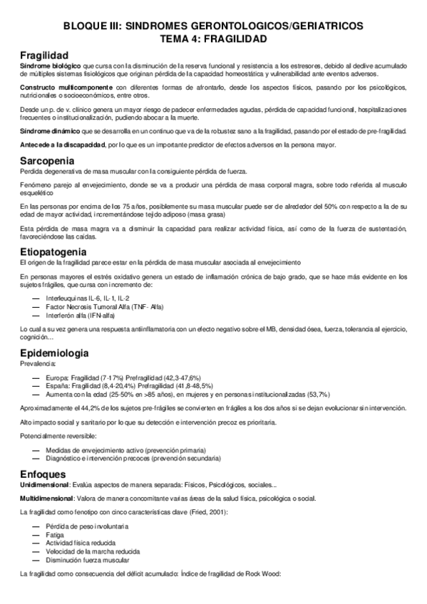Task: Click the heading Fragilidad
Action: tap(44, 55)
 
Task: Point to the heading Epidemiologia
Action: tap(54, 353)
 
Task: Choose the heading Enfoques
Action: tap(43, 454)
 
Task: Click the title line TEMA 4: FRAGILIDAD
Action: tap(212, 38)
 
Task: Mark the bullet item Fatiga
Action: tap(55, 534)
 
